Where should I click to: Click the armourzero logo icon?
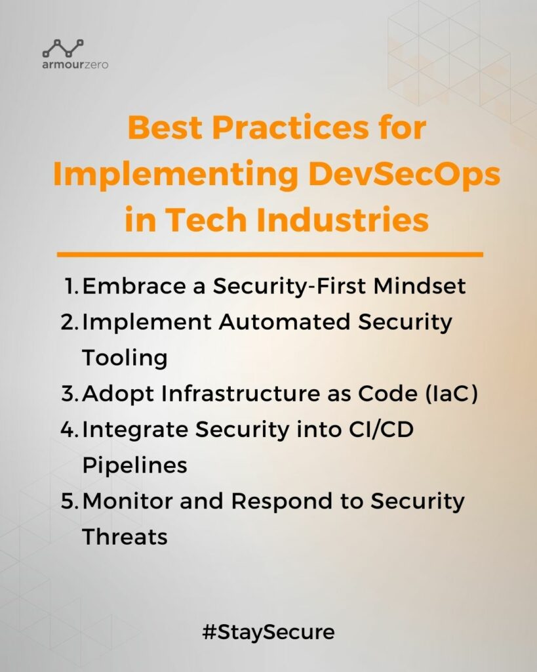point(63,48)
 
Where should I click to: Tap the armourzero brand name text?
point(75,65)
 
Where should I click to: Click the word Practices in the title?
point(290,128)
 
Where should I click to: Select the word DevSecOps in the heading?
point(405,175)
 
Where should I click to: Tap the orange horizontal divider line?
point(269,255)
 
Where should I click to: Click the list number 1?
point(71,286)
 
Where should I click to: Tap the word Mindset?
point(419,286)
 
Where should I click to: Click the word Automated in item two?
point(285,322)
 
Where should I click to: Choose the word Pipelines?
point(134,465)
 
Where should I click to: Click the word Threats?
point(125,537)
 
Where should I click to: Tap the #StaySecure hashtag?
point(269,633)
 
